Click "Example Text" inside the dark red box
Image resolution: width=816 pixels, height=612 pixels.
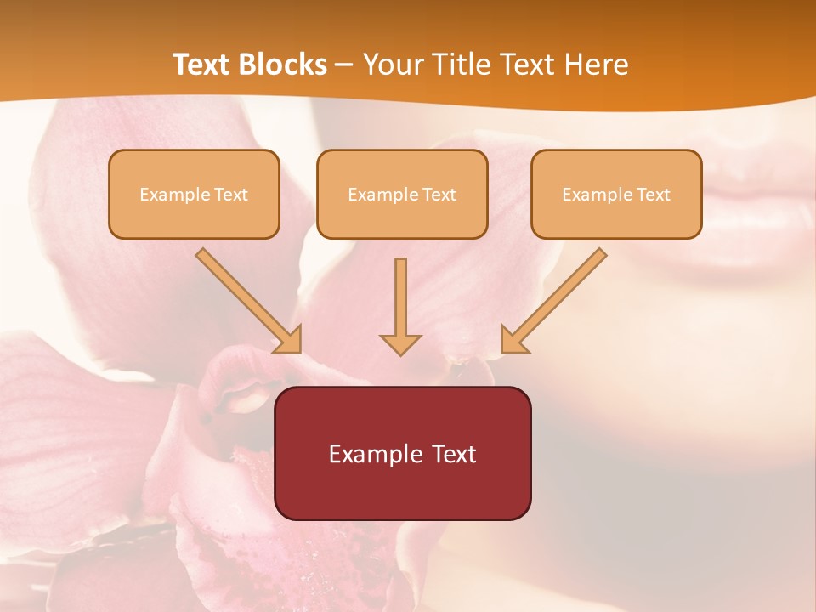click(402, 454)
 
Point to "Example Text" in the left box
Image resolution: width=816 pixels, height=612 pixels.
click(194, 195)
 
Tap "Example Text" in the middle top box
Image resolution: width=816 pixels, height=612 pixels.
click(402, 195)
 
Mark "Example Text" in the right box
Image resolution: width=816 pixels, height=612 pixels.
click(616, 195)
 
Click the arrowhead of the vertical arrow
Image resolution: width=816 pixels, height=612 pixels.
click(400, 343)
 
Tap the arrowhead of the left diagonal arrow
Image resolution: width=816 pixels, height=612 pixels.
click(289, 340)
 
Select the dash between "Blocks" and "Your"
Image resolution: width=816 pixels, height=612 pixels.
click(344, 65)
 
